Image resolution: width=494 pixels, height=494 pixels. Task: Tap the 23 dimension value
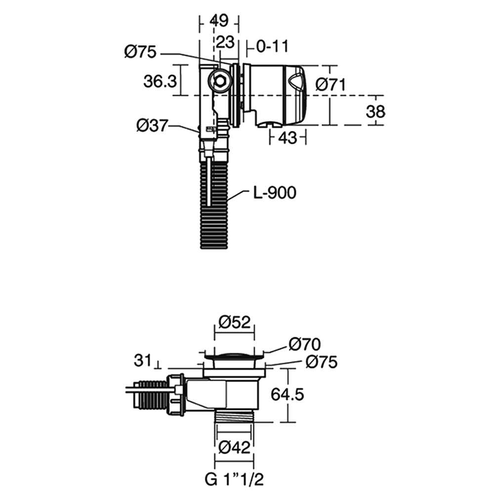point(226,42)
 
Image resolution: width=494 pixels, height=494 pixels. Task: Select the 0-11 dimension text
point(272,46)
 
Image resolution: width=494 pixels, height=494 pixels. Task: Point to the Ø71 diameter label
point(330,85)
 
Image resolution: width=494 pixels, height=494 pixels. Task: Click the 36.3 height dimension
point(160,82)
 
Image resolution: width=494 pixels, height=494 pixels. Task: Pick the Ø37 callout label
point(152,125)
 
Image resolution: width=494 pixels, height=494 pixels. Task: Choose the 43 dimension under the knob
point(288,138)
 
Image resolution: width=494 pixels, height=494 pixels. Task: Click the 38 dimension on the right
point(375,112)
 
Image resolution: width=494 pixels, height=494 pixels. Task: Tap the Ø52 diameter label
point(235,322)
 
